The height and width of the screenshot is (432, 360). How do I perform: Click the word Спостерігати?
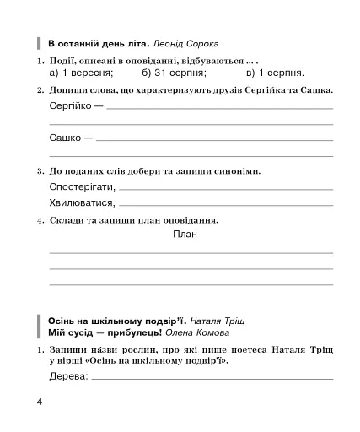coord(82,186)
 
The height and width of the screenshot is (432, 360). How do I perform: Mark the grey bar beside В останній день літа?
coord(40,43)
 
